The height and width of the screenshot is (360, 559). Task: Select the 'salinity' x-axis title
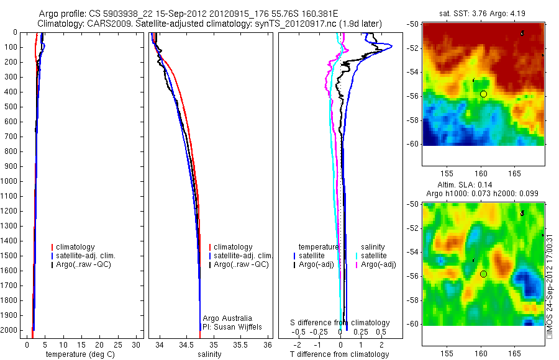(208, 354)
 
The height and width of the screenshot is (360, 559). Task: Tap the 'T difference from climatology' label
(339, 354)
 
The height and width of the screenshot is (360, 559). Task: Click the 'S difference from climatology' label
(340, 323)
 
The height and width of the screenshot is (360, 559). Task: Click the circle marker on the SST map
(483, 94)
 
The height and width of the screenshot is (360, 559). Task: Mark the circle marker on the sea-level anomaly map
(483, 274)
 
